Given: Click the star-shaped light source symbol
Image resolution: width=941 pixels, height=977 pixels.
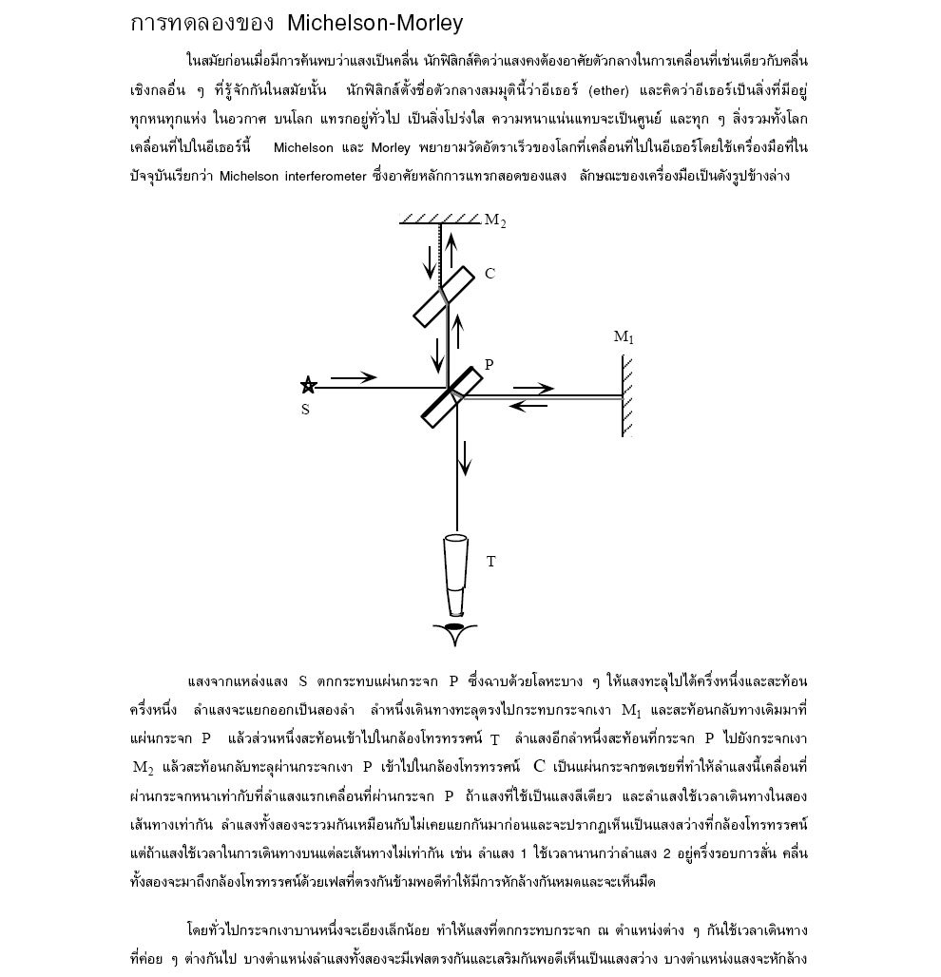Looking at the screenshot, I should [x=308, y=385].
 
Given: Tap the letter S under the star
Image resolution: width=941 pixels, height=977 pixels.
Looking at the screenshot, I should [x=305, y=410].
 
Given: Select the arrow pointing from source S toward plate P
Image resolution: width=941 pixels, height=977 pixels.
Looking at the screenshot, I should [x=354, y=378].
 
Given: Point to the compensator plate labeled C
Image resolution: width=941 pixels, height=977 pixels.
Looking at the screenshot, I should [x=444, y=297].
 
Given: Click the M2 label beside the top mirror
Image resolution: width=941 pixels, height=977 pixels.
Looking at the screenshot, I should [x=494, y=220].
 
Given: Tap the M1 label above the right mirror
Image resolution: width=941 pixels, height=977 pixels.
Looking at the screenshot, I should [x=624, y=336].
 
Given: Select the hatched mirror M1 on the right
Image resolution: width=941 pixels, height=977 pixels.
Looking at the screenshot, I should [x=625, y=395].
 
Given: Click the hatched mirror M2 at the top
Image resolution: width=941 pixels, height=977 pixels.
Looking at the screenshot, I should [x=439, y=220].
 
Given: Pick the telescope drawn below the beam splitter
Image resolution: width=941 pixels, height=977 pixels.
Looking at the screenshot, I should [x=457, y=575].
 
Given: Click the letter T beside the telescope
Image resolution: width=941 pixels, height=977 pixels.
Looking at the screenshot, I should [x=490, y=562].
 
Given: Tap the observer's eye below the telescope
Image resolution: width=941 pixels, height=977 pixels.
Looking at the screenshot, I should [x=456, y=631].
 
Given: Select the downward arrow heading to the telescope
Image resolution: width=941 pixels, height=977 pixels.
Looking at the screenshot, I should [x=465, y=458].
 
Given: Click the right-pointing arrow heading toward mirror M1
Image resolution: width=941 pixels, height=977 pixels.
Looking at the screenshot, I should [x=533, y=388].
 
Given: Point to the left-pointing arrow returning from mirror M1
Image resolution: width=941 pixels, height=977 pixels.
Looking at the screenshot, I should [x=529, y=406].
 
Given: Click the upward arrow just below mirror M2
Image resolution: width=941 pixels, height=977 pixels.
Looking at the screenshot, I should [x=452, y=252].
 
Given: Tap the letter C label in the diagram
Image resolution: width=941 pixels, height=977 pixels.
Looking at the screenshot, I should [x=490, y=274].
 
